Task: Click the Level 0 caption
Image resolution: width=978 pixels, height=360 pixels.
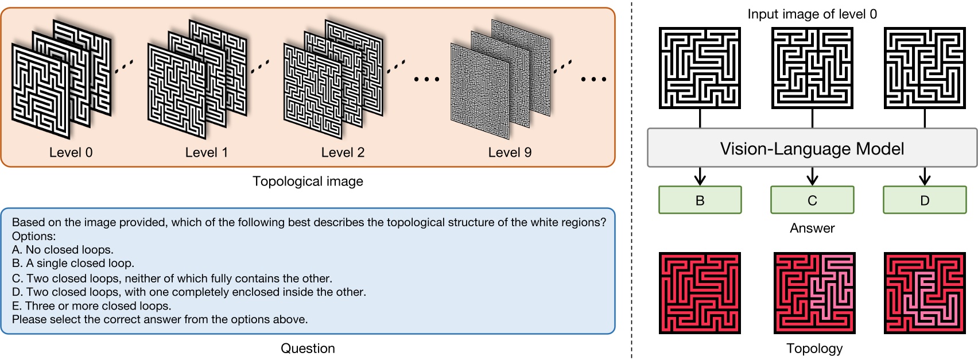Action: pyautogui.click(x=71, y=152)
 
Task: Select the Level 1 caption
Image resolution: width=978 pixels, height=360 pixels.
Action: pyautogui.click(x=206, y=152)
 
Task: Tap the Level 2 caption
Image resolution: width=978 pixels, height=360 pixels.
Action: pyautogui.click(x=343, y=152)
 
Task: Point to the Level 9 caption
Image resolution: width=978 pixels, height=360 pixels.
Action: pyautogui.click(x=510, y=152)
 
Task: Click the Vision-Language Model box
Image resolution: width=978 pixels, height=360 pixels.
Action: pyautogui.click(x=812, y=149)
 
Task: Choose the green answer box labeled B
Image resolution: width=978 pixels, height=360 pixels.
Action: pyautogui.click(x=700, y=200)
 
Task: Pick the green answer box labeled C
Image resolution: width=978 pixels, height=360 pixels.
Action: pyautogui.click(x=812, y=200)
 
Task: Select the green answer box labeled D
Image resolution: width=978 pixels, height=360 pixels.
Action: pyautogui.click(x=924, y=200)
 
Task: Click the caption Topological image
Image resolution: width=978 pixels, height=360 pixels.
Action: pyautogui.click(x=308, y=181)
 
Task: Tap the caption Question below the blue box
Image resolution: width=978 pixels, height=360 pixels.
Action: pyautogui.click(x=308, y=348)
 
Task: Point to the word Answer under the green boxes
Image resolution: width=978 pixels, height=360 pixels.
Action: pyautogui.click(x=812, y=228)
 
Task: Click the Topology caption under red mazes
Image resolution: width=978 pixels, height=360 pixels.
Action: pyautogui.click(x=814, y=348)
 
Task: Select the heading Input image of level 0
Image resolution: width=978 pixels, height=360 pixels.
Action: pyautogui.click(x=812, y=14)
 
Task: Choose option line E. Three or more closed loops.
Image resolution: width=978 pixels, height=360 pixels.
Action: pyautogui.click(x=91, y=306)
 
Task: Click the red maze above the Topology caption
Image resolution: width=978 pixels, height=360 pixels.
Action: pyautogui.click(x=814, y=293)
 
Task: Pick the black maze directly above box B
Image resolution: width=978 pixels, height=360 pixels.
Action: pyautogui.click(x=700, y=68)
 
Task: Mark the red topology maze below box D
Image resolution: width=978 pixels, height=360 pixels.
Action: pyautogui.click(x=924, y=293)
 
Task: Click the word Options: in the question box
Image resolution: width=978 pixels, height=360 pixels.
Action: pyautogui.click(x=34, y=236)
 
